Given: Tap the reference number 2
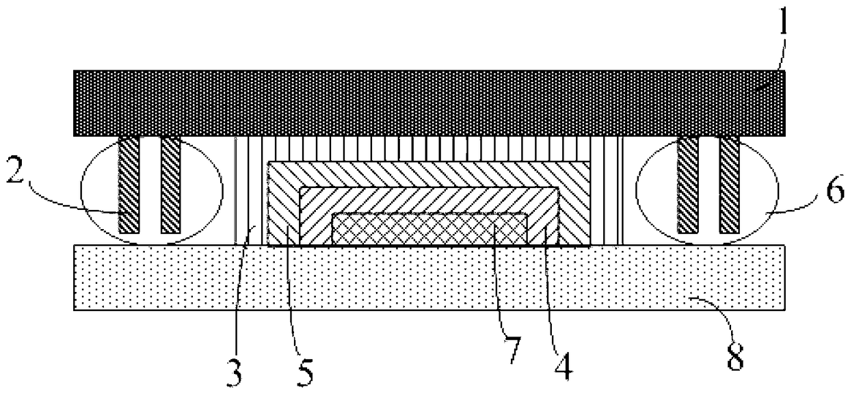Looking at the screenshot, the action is (x=16, y=170).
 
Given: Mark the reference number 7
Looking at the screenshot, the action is (x=512, y=349).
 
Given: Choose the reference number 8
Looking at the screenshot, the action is (x=736, y=357).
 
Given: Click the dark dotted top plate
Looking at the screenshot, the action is (x=429, y=103).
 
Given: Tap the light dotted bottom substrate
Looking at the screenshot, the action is (x=429, y=278).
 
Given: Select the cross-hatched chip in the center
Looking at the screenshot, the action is (x=429, y=228).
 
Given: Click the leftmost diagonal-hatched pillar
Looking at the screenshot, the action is (x=129, y=185).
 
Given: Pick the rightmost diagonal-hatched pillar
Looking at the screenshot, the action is (x=729, y=185).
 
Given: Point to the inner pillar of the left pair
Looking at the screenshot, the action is (x=171, y=185).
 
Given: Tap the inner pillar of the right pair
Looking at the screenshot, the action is (x=687, y=185).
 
